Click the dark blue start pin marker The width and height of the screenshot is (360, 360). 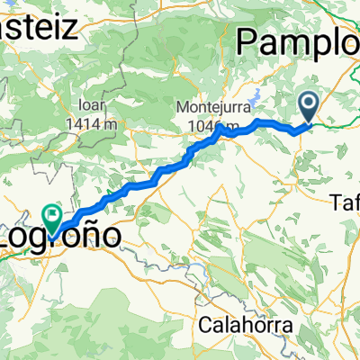click(x=308, y=108)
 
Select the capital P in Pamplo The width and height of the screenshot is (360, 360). click(x=246, y=42)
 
